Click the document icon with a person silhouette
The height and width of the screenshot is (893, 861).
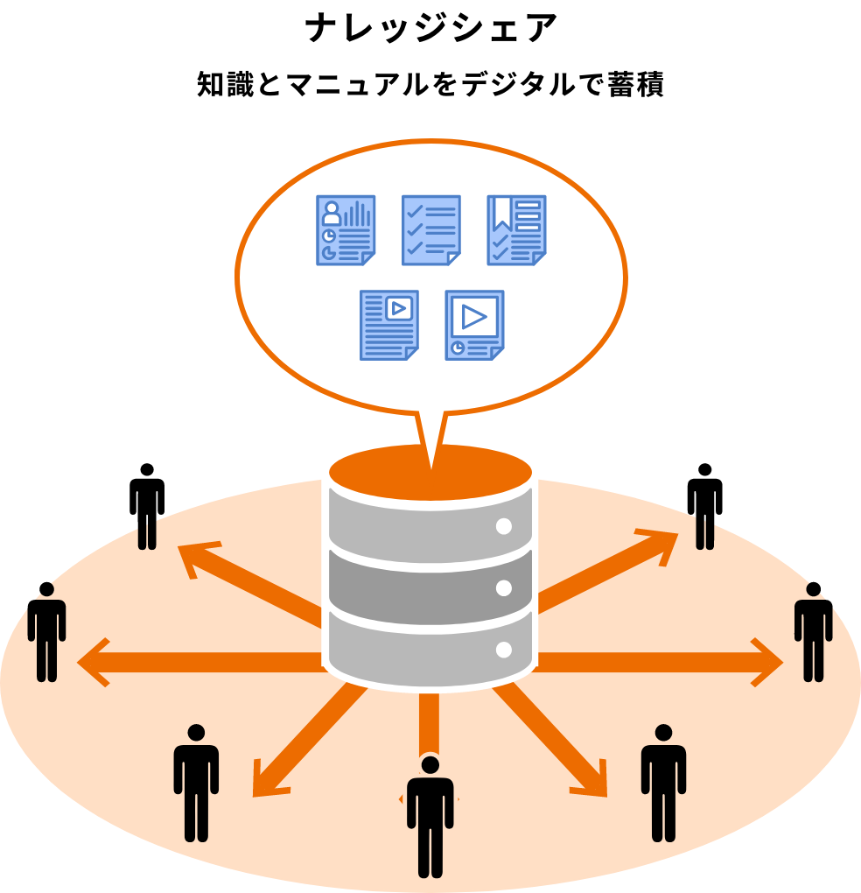coord(346,230)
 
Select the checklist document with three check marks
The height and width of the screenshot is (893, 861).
coord(430,230)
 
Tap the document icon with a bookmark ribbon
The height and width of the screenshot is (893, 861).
coord(516,230)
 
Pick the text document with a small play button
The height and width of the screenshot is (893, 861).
coord(388,325)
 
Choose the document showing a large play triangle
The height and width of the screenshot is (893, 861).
coord(474,325)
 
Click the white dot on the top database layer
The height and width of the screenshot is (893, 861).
coord(503,526)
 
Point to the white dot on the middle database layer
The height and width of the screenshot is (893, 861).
coord(503,588)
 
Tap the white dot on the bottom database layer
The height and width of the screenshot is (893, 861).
coord(503,650)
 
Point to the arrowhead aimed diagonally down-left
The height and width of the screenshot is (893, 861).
coord(266,783)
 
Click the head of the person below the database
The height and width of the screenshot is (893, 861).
coord(430,765)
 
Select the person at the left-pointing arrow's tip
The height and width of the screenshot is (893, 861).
coord(46,632)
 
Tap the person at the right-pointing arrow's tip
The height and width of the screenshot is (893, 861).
coord(814,632)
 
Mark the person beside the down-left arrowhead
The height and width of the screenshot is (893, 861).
coord(196,784)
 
